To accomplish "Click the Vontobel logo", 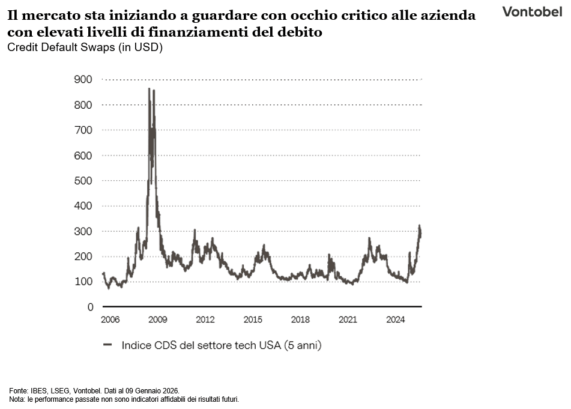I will click(532, 11).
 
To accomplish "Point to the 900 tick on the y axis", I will click(83, 79).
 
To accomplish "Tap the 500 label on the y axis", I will click(83, 181).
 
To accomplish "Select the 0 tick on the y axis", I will click(90, 307).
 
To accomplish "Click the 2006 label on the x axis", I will click(110, 320).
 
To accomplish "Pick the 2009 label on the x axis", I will click(157, 320).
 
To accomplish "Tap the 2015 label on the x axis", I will click(253, 320).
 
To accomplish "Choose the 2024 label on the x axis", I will click(396, 320).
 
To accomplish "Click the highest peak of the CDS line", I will click(149, 89).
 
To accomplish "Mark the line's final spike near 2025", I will click(420, 226).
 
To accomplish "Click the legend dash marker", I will click(108, 345).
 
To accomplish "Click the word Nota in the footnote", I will click(16, 399).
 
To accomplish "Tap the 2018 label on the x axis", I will click(300, 320).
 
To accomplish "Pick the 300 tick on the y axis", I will click(83, 231).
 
